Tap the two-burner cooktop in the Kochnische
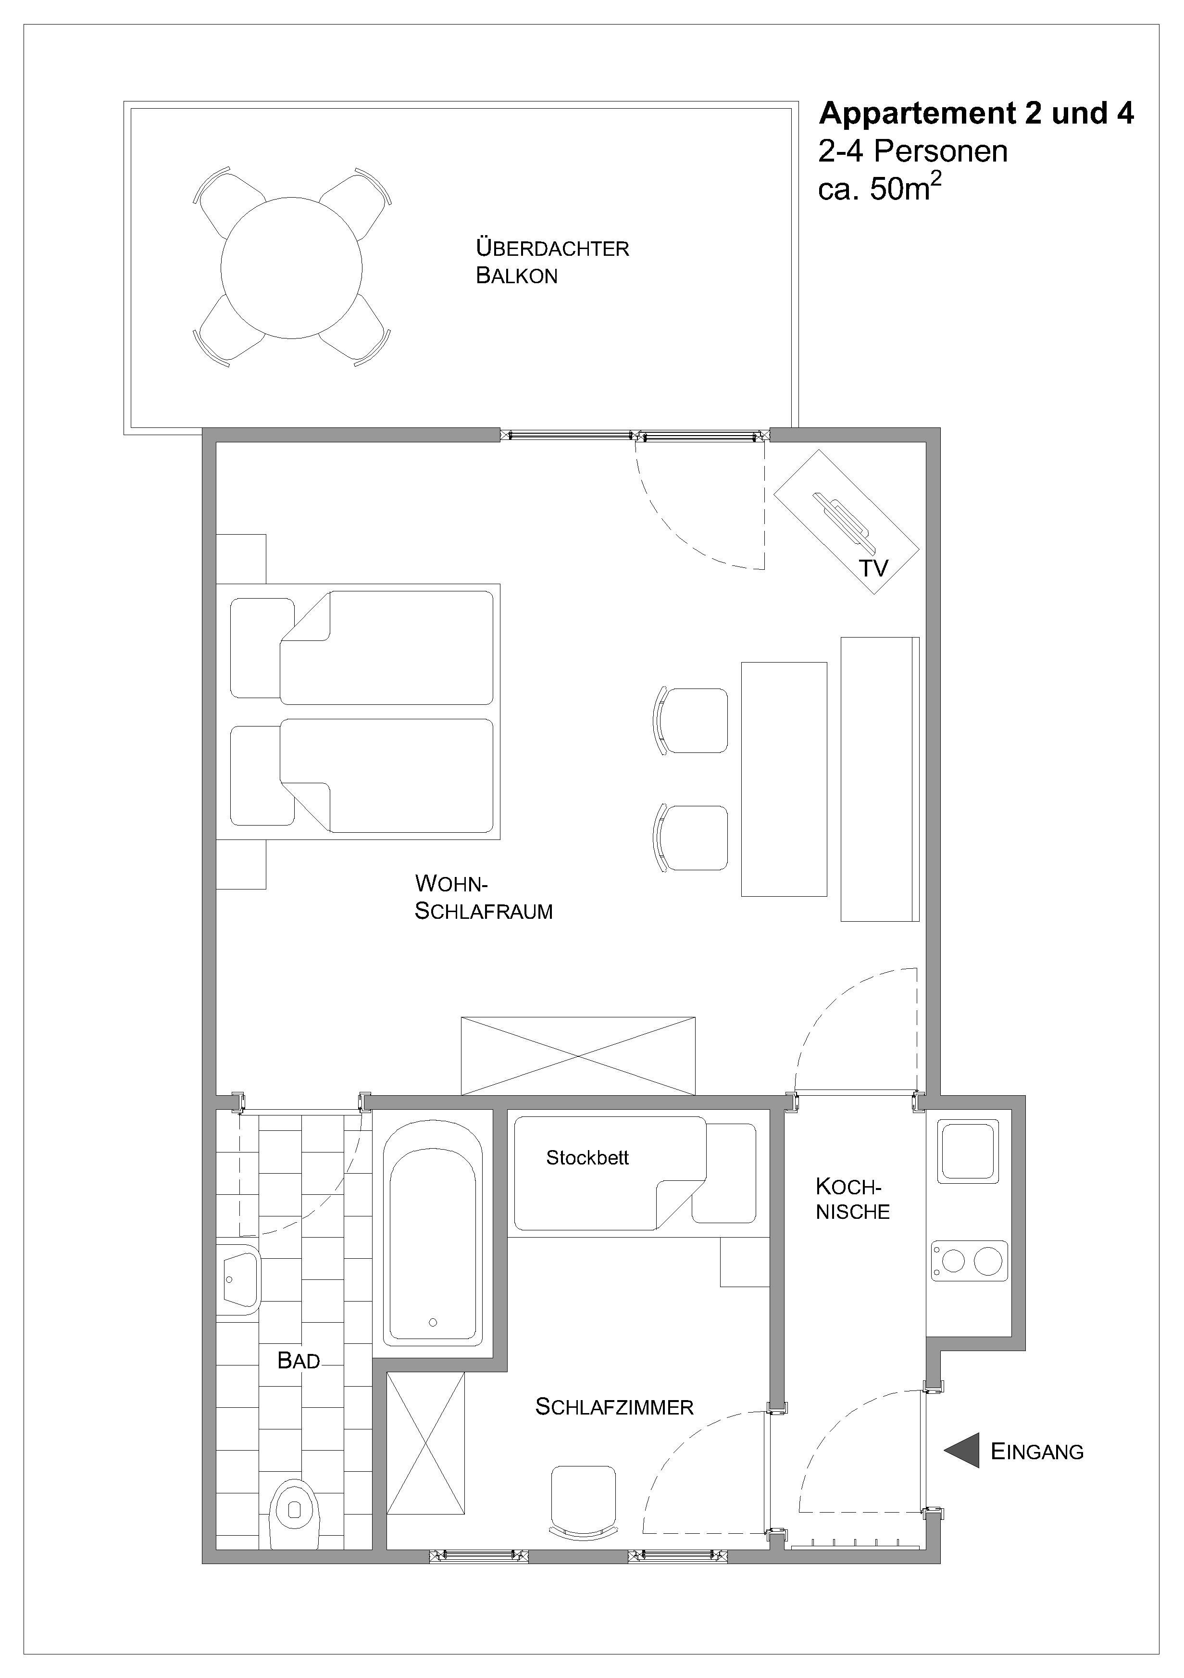(x=969, y=1261)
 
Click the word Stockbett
(x=587, y=1158)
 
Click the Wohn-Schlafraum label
(x=483, y=897)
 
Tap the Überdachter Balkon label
(x=552, y=262)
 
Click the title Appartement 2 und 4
(x=976, y=114)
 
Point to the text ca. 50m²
(x=880, y=188)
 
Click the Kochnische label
(x=852, y=1199)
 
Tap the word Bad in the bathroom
(x=298, y=1361)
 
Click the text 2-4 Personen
(x=913, y=151)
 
